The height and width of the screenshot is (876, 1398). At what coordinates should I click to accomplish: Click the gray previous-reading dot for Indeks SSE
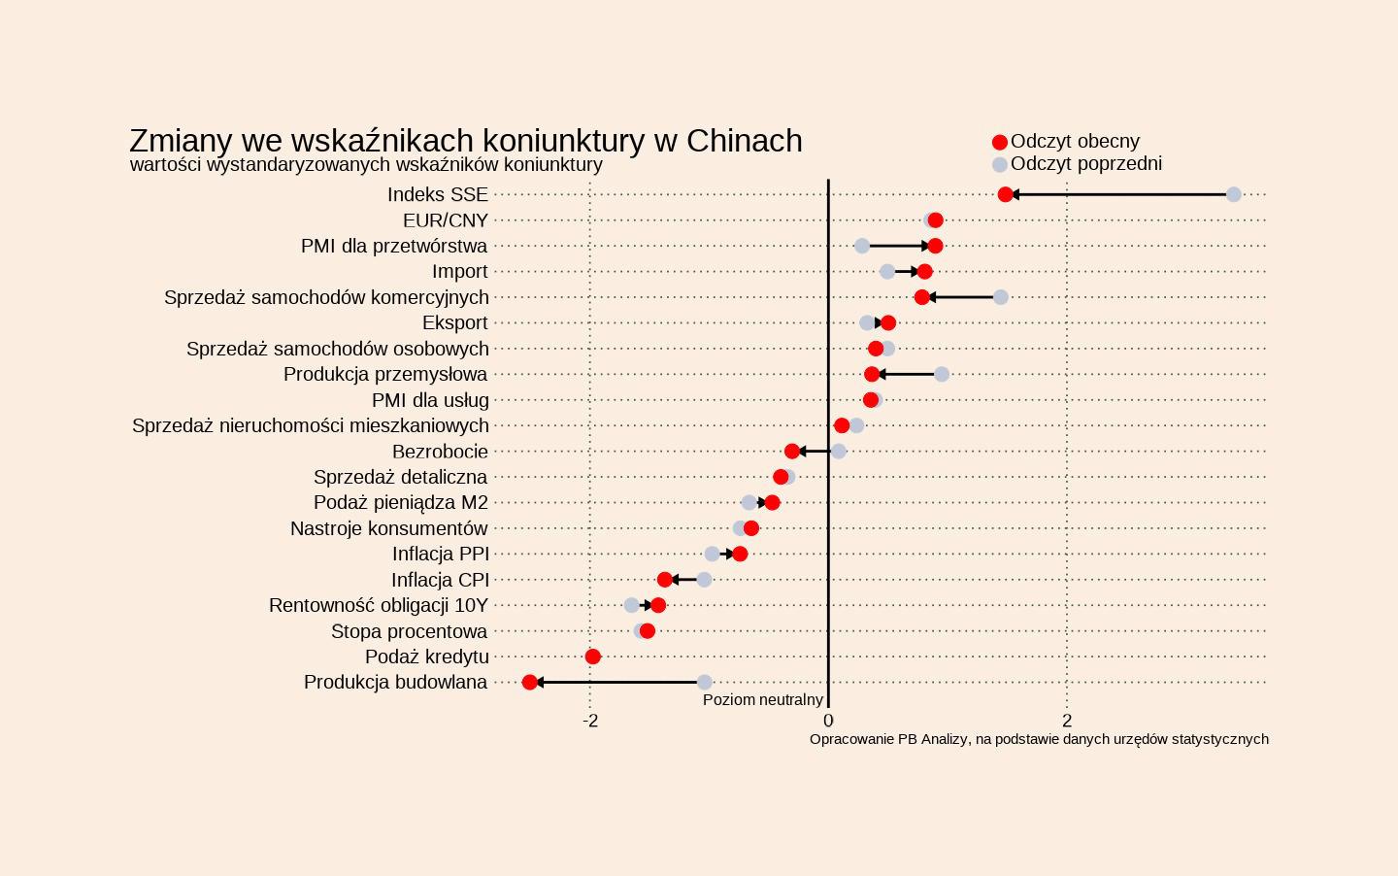coord(1233,194)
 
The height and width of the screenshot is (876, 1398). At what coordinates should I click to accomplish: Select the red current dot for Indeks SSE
coord(1006,194)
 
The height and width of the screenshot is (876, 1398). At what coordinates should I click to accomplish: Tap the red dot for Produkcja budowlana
coord(529,683)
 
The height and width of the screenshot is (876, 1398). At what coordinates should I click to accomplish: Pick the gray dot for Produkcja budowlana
coord(705,683)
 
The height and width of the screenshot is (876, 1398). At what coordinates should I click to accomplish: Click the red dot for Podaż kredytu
coord(593,657)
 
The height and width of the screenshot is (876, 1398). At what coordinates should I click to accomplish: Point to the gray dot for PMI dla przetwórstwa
coord(862,246)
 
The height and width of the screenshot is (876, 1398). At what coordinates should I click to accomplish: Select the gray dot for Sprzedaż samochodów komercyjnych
coord(1001,297)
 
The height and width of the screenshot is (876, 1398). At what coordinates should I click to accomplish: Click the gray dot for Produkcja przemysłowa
coord(942,374)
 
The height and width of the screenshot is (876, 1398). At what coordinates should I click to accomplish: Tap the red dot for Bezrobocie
coord(792,451)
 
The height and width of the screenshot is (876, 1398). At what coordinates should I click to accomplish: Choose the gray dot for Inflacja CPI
coord(705,580)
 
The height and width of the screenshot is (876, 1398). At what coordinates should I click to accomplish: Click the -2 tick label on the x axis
coord(590,721)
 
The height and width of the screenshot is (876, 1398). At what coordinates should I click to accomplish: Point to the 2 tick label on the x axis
coord(1067,721)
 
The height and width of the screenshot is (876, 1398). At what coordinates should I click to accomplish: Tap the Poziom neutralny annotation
coord(763,700)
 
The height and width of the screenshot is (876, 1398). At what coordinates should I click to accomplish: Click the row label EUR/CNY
coord(446,220)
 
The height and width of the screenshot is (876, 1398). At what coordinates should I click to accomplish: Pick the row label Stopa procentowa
coord(409,631)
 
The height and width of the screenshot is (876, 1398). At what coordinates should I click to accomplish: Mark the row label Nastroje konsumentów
coord(388,528)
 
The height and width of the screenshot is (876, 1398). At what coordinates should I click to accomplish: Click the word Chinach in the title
coord(744,141)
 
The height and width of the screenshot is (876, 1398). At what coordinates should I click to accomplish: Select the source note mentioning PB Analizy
coord(1039,739)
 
